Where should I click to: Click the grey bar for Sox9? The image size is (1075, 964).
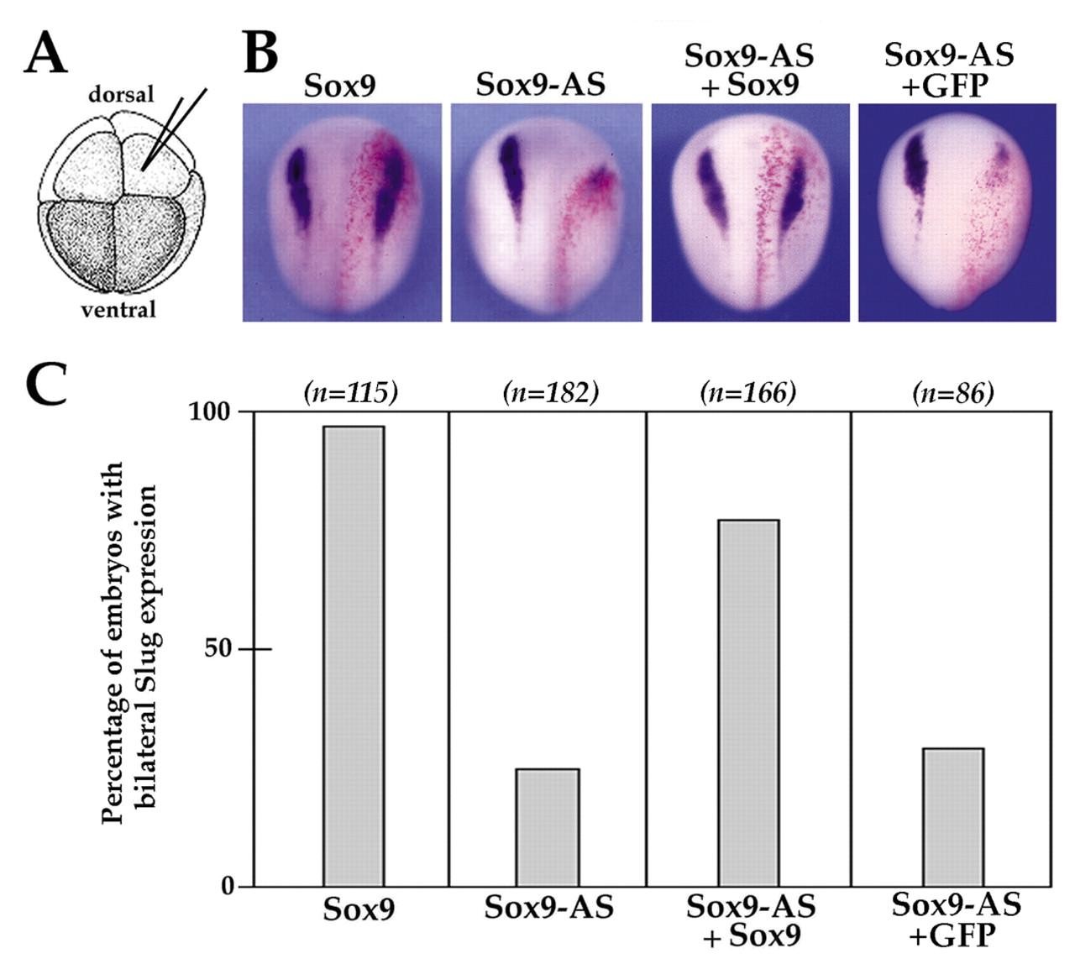coord(354,656)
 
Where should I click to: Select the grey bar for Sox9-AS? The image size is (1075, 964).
coord(547,827)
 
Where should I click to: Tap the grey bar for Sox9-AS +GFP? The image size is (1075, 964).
coord(952,817)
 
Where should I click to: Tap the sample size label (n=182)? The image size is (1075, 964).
coord(550,393)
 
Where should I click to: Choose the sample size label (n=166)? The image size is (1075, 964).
coord(747,393)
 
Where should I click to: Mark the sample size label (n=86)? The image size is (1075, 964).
coord(952,393)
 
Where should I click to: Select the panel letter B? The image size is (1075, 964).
coord(260,52)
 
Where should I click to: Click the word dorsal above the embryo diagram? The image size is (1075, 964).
coord(122,94)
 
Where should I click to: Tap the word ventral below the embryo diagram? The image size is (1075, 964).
coord(118,309)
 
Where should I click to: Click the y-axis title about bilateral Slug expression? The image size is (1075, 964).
coord(129,642)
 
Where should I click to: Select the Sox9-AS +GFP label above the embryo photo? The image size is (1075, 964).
coord(949,69)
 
